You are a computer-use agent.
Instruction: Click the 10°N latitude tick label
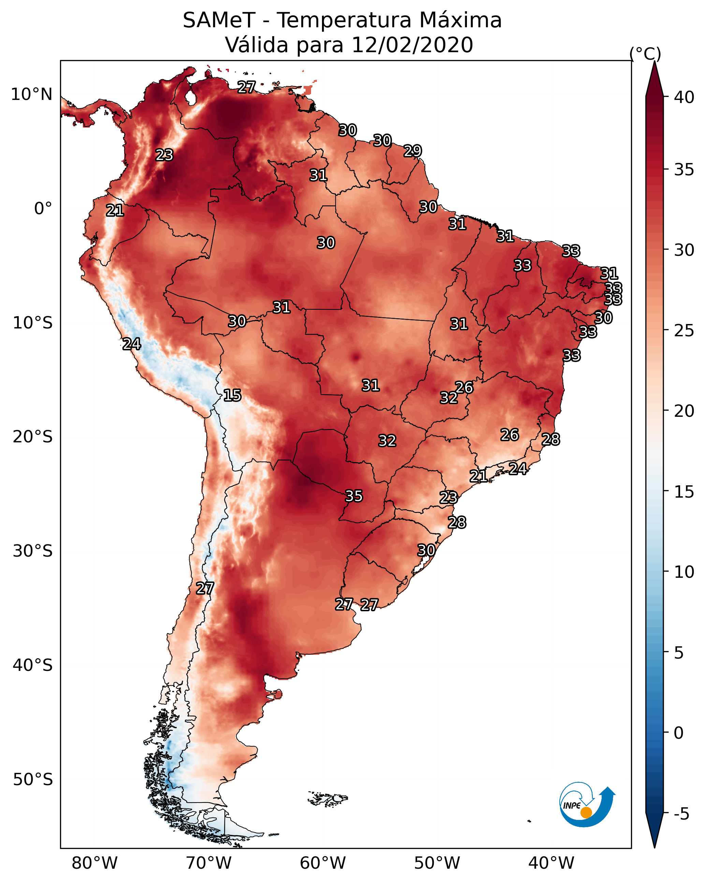click(31, 94)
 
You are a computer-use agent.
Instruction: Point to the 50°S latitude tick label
click(33, 779)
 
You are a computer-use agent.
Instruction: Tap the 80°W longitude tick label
click(94, 863)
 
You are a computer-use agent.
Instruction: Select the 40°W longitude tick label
click(551, 863)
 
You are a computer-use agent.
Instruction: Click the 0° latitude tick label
click(43, 209)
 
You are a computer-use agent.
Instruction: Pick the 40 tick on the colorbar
click(684, 97)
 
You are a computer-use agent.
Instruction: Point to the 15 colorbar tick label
click(684, 492)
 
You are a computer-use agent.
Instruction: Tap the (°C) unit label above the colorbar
click(645, 54)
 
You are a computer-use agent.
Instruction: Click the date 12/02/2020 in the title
click(412, 45)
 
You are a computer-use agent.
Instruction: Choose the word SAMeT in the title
click(219, 20)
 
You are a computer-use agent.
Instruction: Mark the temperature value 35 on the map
click(354, 496)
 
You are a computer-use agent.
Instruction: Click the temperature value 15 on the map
click(232, 395)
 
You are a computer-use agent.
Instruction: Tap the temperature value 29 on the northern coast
click(412, 151)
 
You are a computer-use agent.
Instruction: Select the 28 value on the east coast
click(551, 439)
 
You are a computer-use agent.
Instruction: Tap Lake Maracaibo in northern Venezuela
click(190, 97)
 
